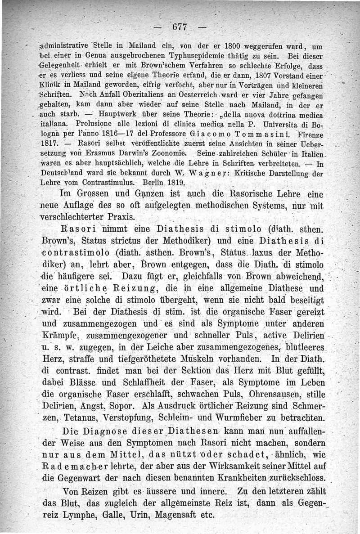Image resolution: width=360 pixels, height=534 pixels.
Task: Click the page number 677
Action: point(180,27)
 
